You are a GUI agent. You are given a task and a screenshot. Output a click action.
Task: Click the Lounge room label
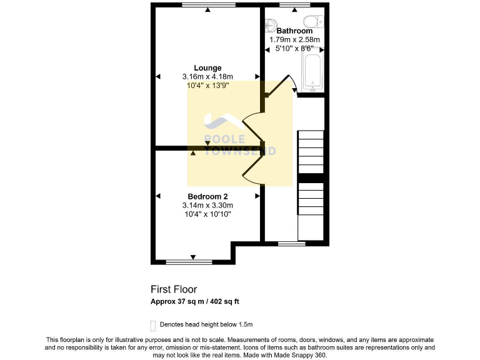coord(207,68)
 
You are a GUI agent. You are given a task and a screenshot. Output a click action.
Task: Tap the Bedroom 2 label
coord(207,196)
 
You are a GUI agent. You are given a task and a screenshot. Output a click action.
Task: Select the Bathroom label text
coord(294,31)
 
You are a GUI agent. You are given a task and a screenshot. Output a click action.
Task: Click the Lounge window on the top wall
coord(209,5)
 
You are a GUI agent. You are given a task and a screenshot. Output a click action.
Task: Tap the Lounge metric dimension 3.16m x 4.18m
coord(207,77)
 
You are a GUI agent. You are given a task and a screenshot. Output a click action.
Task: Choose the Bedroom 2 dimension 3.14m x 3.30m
coord(207,205)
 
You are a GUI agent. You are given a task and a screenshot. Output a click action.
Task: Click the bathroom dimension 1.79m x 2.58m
coord(294,39)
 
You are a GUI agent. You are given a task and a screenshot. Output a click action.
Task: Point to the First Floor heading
coord(174,289)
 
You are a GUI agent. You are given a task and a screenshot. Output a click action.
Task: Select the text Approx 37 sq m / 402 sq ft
coord(194,301)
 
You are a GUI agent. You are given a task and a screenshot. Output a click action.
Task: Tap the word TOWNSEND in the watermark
coord(240,151)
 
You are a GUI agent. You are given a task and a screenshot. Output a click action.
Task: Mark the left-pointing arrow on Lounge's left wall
coord(157,76)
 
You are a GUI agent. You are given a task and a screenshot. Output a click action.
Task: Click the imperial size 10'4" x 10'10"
coord(207,214)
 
